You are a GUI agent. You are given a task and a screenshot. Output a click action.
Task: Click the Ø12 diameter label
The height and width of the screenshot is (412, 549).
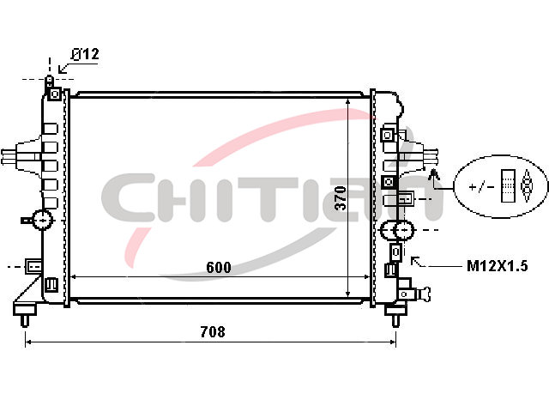pos(85,54)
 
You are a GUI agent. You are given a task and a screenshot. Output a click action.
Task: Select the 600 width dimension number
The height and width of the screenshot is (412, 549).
pos(219,267)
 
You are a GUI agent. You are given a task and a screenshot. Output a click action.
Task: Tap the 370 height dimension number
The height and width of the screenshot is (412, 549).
pos(341,198)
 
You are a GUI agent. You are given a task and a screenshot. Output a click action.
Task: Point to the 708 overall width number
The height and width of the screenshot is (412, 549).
pos(213,331)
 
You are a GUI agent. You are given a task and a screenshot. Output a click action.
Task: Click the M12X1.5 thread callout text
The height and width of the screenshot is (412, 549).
pos(498,266)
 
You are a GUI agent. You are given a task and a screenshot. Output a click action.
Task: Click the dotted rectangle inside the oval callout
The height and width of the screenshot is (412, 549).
pos(509,186)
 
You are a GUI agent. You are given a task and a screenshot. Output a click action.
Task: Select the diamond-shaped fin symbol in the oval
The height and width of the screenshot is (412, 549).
pos(526,186)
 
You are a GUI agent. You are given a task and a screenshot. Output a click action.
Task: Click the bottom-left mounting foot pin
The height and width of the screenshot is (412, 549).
pos(25,320)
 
